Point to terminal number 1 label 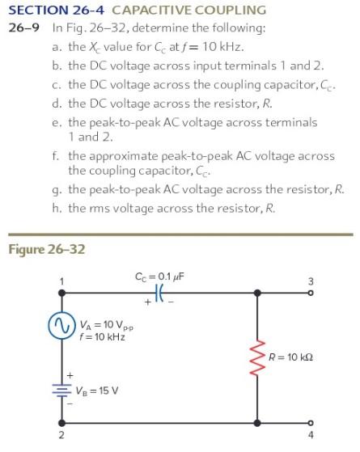click(x=60, y=282)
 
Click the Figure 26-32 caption click(x=46, y=248)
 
